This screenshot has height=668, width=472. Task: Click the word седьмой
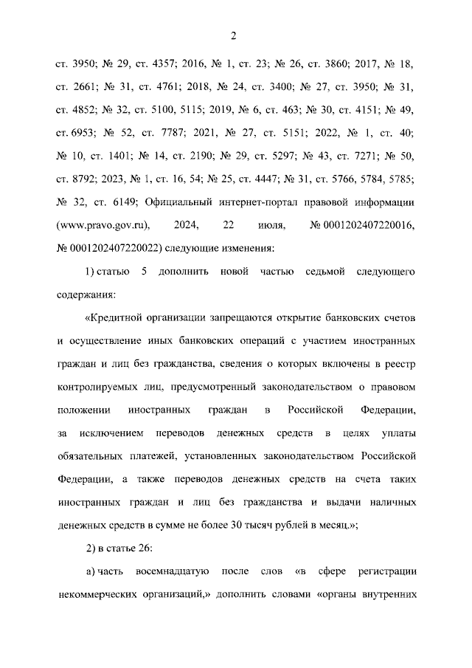(325, 271)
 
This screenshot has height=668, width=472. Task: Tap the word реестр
(400, 364)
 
